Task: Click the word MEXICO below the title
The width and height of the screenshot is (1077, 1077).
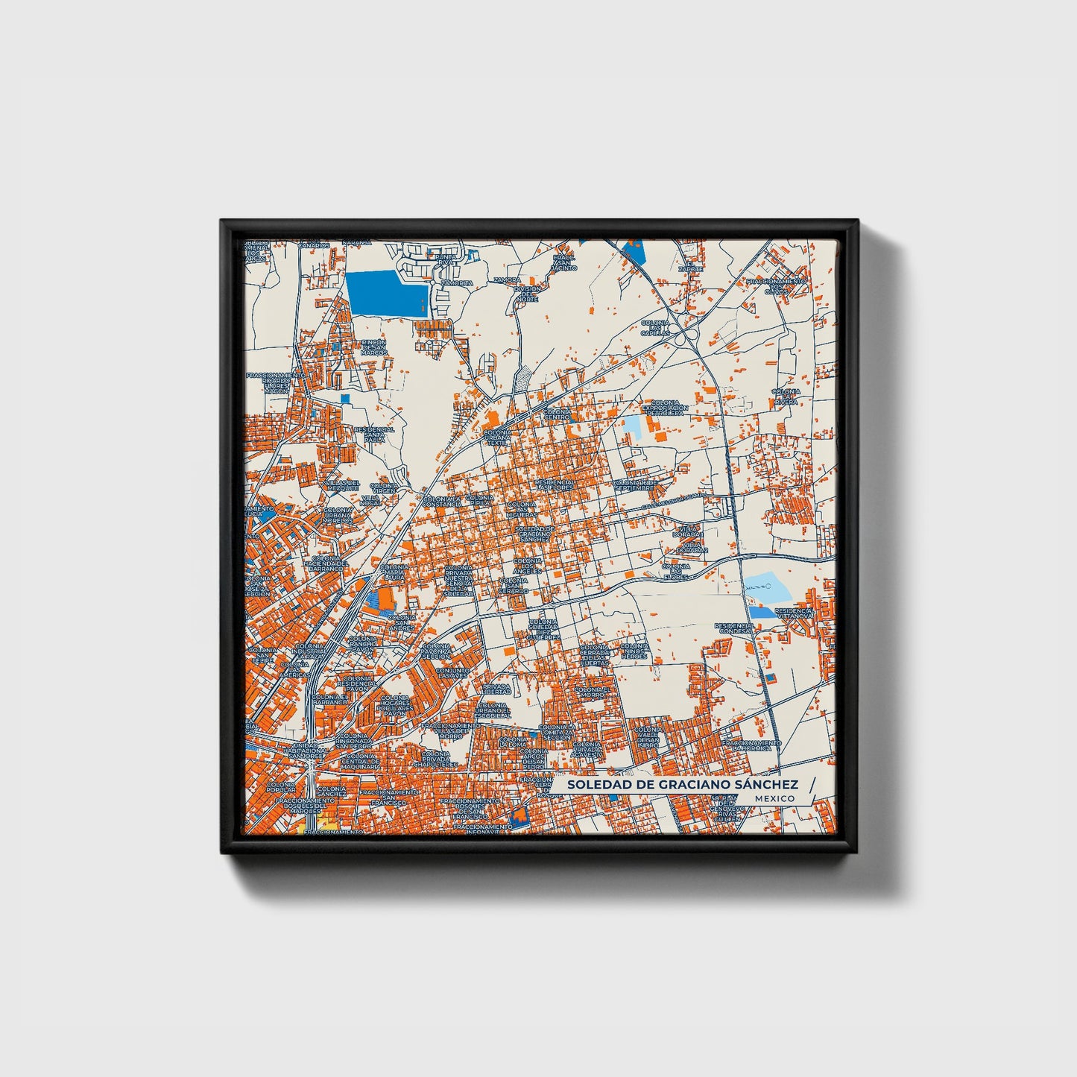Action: tap(774, 798)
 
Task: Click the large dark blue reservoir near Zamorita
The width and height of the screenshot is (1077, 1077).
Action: tap(387, 294)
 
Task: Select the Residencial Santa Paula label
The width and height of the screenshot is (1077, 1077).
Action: tap(374, 435)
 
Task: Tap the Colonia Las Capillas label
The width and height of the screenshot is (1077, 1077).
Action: tap(655, 328)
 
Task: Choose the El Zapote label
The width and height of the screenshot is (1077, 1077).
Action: tap(694, 265)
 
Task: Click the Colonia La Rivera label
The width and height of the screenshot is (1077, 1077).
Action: tap(786, 396)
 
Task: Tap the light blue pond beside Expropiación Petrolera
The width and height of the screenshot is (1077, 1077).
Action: tap(631, 426)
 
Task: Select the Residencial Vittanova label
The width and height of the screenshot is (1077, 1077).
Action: tap(794, 613)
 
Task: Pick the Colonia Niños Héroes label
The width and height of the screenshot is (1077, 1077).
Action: tap(634, 650)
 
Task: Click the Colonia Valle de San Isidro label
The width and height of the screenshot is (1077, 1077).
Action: tap(647, 736)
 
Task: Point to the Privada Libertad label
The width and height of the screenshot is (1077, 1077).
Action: tap(496, 689)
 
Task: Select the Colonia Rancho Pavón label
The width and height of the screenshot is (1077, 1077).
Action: tap(363, 644)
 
